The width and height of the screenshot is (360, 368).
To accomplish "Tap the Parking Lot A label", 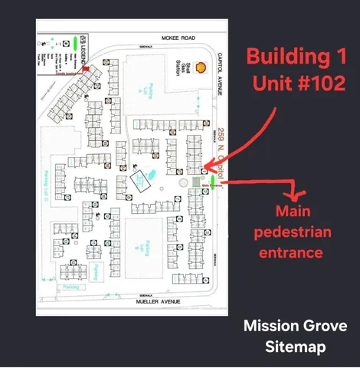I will [x=151, y=91].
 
